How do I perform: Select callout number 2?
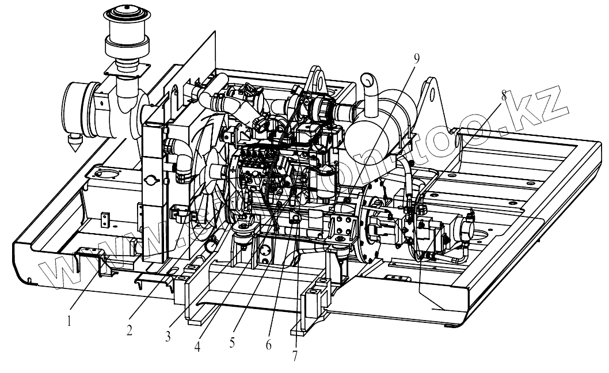130,330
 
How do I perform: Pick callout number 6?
268,345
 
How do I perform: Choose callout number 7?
295,356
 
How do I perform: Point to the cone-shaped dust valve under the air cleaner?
74,142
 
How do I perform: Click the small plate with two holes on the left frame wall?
106,219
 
